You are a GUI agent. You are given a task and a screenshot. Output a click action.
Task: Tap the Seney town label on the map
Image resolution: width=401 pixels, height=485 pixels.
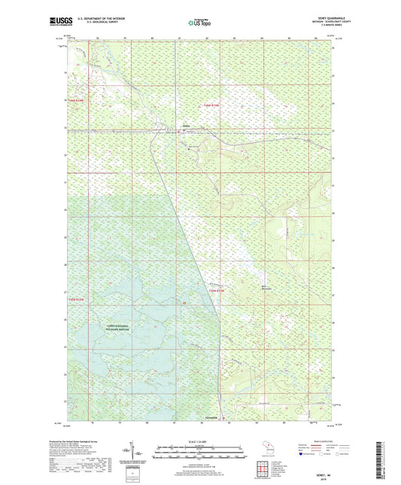[x=185, y=126]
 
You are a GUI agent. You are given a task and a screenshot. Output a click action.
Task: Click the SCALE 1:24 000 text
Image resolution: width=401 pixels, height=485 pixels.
[x=199, y=440]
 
